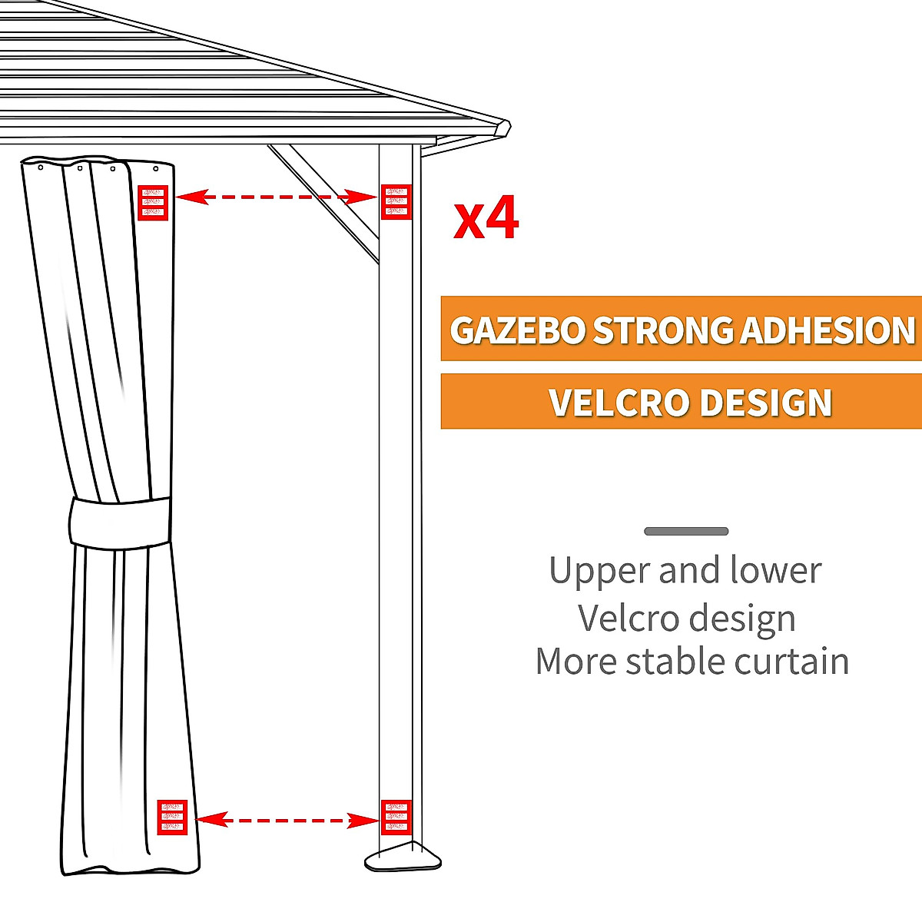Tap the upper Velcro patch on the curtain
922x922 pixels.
(x=153, y=203)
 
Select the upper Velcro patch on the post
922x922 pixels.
(x=396, y=201)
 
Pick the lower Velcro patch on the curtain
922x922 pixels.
(x=172, y=817)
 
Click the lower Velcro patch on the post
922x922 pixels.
(x=396, y=817)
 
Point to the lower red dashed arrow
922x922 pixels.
(x=287, y=821)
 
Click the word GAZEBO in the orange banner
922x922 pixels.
(x=518, y=330)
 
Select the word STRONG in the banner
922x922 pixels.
(x=663, y=330)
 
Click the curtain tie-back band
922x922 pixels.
(x=120, y=523)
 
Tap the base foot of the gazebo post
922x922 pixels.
(x=403, y=857)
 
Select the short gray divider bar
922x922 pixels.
(x=686, y=531)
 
